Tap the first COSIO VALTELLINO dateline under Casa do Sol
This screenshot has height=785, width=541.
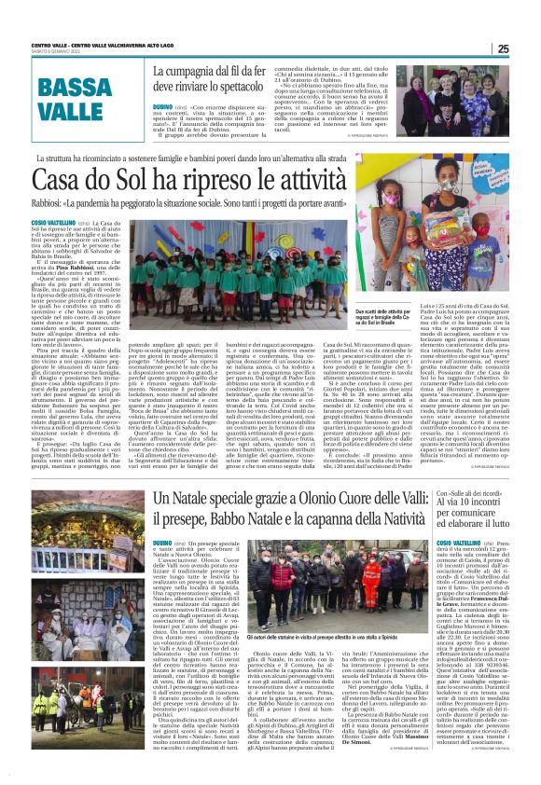click(x=51, y=225)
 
